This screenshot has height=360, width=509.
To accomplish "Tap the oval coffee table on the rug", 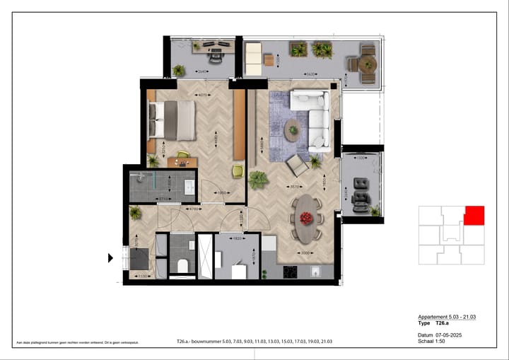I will (293, 129).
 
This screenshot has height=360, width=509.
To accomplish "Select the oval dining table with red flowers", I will (307, 210).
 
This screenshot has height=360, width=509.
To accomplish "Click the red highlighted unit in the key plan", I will (474, 215).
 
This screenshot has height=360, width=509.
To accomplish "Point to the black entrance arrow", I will (110, 258).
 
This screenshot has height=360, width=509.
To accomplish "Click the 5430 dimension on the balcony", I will (310, 74).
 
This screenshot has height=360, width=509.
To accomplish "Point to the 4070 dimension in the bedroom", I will (201, 96).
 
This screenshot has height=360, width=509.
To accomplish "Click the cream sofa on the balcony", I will (252, 58).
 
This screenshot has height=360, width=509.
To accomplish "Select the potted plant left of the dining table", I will (257, 180).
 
